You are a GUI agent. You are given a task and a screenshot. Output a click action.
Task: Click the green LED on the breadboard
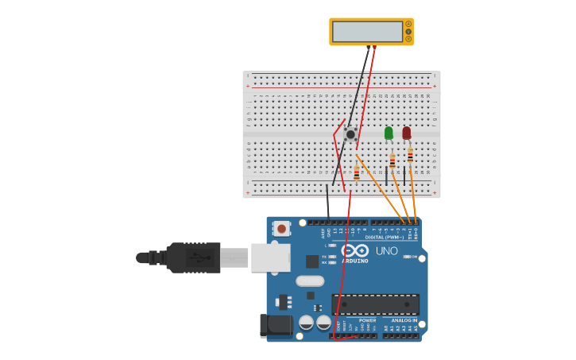(x=389, y=133)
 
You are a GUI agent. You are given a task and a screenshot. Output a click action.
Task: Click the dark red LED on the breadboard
(x=407, y=133)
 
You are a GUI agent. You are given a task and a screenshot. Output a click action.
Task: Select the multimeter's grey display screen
(x=367, y=32)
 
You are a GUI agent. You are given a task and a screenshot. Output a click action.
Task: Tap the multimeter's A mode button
(x=408, y=24)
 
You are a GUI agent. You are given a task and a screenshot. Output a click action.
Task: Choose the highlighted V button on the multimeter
(x=408, y=31)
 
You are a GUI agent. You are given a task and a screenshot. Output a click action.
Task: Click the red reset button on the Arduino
(x=281, y=229)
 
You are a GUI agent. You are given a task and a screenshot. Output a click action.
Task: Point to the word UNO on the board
(x=386, y=251)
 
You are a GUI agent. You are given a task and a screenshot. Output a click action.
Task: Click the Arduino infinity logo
(x=355, y=250)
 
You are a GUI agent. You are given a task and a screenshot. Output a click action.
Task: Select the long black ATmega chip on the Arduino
(x=375, y=304)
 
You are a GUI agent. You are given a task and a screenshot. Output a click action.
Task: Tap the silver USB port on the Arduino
(x=270, y=257)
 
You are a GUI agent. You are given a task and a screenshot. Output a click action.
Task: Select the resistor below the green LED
(x=392, y=161)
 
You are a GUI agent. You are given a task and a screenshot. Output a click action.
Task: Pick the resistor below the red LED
(x=410, y=155)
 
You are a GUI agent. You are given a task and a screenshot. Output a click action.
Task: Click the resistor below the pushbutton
(x=357, y=173)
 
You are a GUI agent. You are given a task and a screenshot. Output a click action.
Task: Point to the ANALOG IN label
(x=404, y=320)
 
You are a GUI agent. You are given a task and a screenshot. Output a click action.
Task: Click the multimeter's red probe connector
(x=374, y=48)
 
